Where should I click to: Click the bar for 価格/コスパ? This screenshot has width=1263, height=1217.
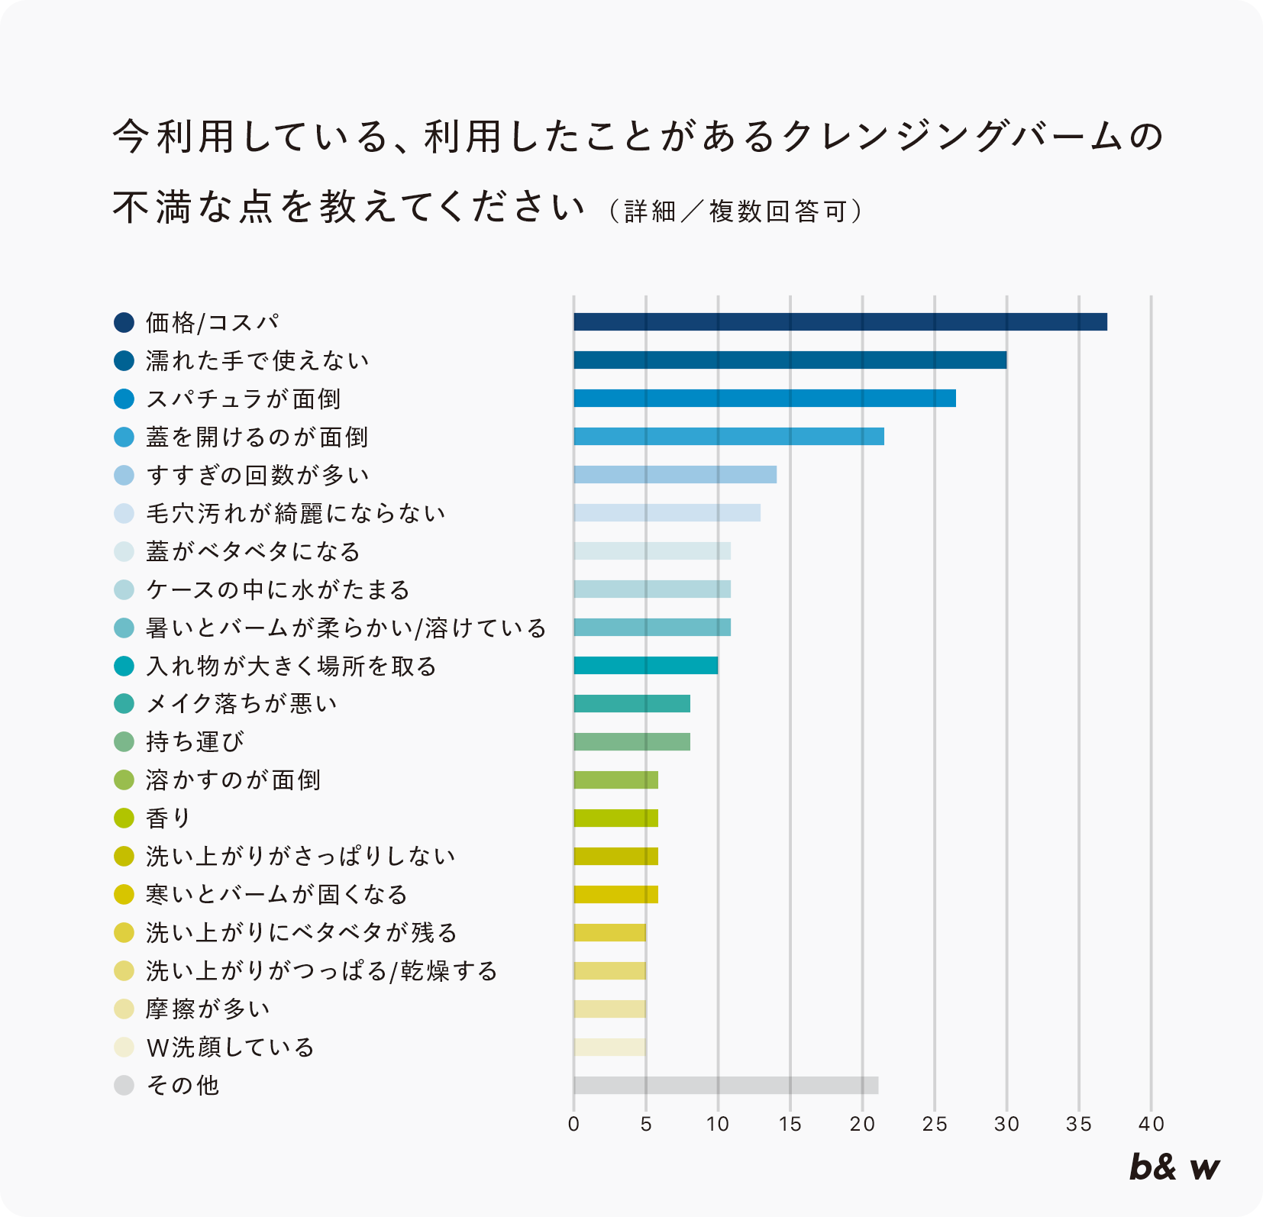[840, 321]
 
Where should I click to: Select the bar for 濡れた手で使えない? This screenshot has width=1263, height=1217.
[790, 360]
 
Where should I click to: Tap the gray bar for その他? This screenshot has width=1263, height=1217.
[725, 1085]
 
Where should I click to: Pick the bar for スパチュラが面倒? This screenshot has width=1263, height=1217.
[764, 398]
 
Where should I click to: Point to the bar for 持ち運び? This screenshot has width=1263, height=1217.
[631, 741]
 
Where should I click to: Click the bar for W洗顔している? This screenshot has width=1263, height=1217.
[609, 1047]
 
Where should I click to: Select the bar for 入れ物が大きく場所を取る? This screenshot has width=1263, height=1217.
[645, 665]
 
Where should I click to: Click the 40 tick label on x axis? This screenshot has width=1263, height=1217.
[1151, 1124]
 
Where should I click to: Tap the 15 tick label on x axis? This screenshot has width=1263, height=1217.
[790, 1124]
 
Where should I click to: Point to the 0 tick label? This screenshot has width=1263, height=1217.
[573, 1124]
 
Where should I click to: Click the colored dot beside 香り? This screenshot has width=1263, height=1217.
[124, 818]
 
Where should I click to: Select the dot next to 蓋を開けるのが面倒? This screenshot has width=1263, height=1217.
[124, 436]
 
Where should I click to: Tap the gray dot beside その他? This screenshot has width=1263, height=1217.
[124, 1085]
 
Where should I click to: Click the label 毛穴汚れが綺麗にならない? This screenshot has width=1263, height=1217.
[296, 513]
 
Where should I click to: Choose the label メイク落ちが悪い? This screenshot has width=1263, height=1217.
[241, 703]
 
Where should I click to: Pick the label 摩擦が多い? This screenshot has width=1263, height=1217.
[208, 1009]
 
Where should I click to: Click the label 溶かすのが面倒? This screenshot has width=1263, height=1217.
[233, 780]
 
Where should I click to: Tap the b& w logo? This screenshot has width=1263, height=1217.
[1174, 1167]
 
